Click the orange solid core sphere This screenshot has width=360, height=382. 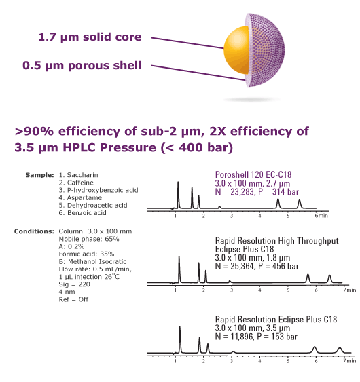coord(236,50)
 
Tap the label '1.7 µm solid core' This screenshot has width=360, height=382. coord(90,37)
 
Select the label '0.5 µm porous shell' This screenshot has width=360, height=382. coord(82,66)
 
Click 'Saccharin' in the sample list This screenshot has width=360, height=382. coord(82,175)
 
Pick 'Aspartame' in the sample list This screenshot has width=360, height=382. coord(84,197)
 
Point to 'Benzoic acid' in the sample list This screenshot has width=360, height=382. coord(86,212)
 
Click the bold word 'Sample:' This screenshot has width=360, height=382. coord(39,175)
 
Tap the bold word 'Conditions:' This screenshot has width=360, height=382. coord(34,231)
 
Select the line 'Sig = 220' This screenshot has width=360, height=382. coord(75,284)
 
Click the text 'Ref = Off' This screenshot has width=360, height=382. coord(73,299)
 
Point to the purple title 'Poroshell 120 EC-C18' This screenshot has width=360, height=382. coord(253,174)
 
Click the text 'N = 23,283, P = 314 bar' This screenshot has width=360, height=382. coord(257,192)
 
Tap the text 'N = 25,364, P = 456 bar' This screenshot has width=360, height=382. coord(257,266)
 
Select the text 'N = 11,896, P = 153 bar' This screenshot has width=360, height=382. coord(256,337)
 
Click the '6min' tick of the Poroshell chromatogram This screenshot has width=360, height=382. coord(321,216)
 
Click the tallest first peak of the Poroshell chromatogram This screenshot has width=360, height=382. coord(178,195)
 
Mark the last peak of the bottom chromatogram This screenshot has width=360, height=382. coord(340,350)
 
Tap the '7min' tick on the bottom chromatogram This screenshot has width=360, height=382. coord(349,360)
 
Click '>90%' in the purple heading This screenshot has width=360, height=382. coord(34,132)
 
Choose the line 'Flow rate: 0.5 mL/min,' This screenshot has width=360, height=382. coord(95,269)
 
